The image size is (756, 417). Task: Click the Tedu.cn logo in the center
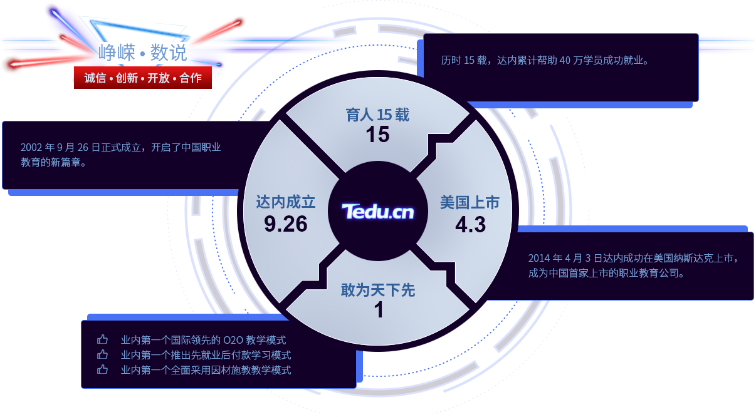tap(377, 212)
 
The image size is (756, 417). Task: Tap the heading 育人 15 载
tap(377, 115)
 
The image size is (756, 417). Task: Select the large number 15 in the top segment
tap(377, 135)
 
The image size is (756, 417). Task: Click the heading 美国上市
tap(470, 203)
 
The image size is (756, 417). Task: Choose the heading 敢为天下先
tap(378, 291)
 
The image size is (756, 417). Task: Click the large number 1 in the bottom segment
tap(379, 311)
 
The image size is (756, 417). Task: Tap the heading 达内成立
tap(286, 202)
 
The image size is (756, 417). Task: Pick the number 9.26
tap(286, 224)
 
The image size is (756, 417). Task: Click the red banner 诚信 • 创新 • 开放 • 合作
tap(143, 78)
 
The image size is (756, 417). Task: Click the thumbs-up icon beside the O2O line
tap(103, 340)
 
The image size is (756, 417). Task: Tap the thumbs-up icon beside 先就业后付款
tap(103, 355)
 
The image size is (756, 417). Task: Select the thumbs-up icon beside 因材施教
tap(103, 370)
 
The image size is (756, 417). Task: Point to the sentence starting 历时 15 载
tap(545, 61)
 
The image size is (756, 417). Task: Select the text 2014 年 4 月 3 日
tap(565, 258)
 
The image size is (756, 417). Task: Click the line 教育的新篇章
tap(53, 163)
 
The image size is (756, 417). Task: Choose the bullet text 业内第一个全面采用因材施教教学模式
tap(206, 370)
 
